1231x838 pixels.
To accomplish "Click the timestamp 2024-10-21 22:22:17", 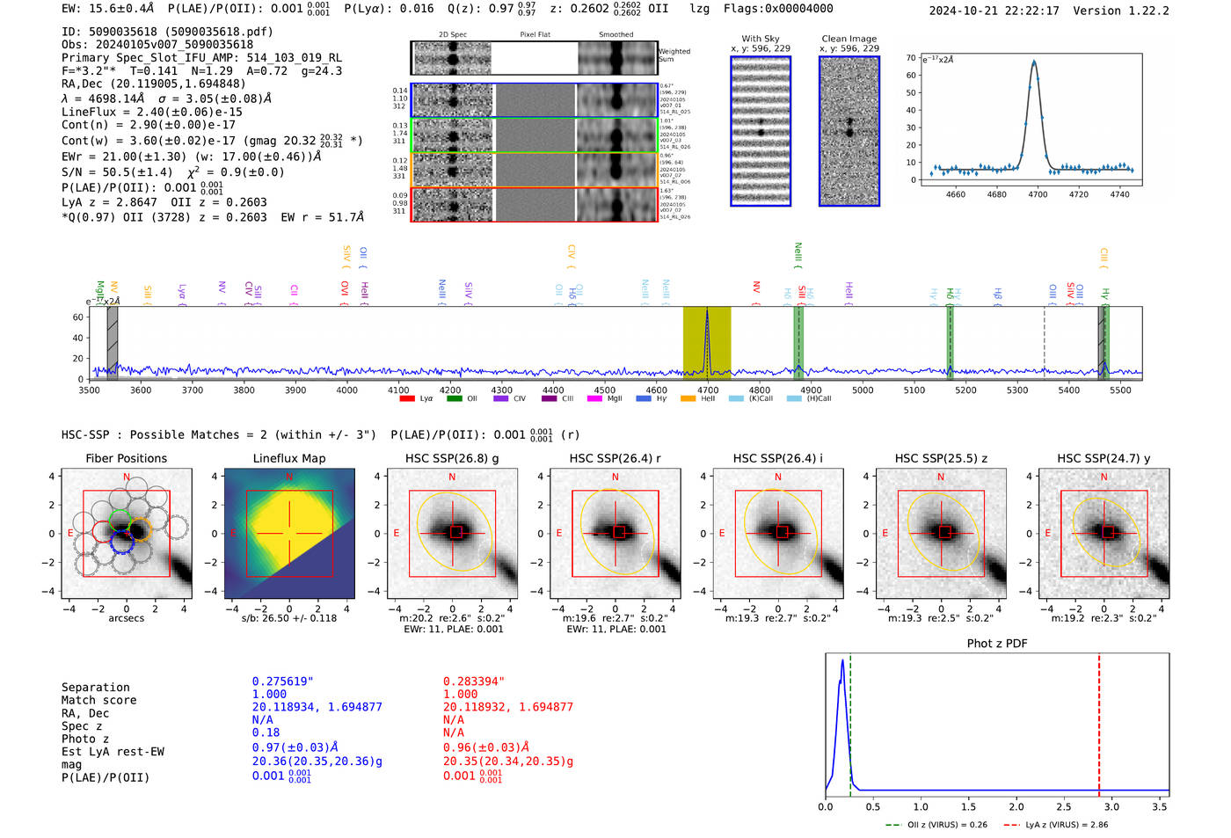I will click(x=994, y=11).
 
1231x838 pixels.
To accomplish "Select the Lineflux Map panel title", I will click(x=288, y=458).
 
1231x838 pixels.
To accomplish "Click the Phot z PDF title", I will click(x=996, y=644).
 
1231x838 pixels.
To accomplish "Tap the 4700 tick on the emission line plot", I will click(x=1038, y=194).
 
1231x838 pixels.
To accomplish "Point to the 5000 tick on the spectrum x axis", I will click(x=863, y=390).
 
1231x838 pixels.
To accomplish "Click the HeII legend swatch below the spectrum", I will click(x=688, y=398).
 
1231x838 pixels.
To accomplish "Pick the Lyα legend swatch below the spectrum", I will click(x=407, y=398).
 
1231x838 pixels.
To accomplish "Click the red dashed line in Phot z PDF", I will click(x=1099, y=721).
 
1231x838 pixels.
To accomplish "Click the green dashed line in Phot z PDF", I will click(x=850, y=721).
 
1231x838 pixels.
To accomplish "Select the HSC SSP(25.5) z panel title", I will click(x=941, y=458).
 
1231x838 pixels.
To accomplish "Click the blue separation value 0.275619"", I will click(x=282, y=681).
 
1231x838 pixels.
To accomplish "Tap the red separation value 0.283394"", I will click(x=473, y=681).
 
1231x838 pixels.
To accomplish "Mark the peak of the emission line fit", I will click(x=1034, y=62).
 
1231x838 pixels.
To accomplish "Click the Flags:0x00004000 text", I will click(x=778, y=9).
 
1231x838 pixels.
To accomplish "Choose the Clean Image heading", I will click(x=849, y=39).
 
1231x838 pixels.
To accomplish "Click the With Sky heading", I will click(x=761, y=39).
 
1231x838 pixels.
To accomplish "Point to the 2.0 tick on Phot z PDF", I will click(x=1016, y=806).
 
